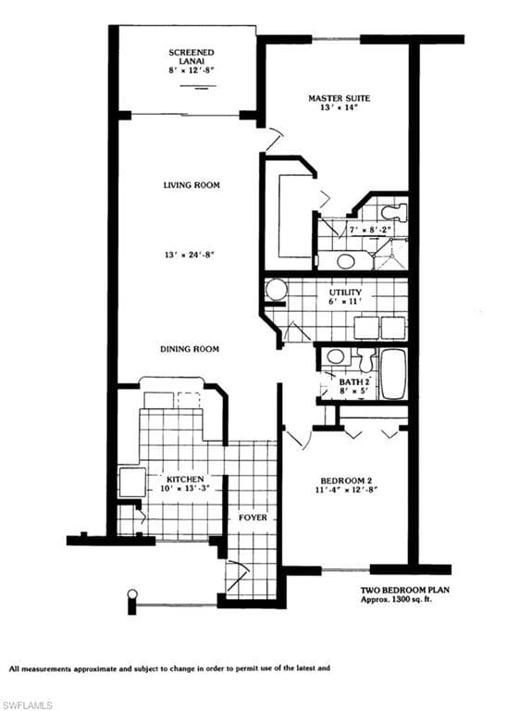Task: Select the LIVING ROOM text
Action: point(191,185)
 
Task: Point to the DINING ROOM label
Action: point(188,349)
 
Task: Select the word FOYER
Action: point(253,518)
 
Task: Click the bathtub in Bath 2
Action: point(392,372)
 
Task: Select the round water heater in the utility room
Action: point(276,292)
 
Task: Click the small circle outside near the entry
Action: point(132,593)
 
